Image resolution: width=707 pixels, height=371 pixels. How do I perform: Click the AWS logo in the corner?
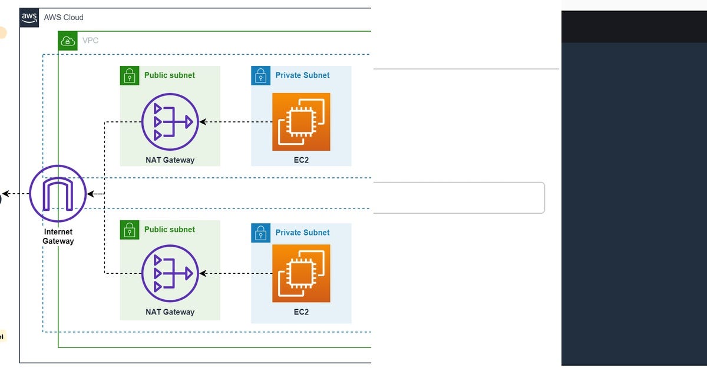29,17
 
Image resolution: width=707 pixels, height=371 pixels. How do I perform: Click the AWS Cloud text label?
64,18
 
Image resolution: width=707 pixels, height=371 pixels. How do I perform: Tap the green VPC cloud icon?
68,41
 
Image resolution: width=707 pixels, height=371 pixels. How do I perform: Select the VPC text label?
90,41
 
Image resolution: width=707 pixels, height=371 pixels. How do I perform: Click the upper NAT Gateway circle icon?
170,122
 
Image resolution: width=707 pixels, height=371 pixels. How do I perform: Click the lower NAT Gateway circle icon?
170,273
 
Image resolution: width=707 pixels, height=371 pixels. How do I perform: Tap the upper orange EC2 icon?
301,122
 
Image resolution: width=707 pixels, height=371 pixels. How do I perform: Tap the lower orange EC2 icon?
301,273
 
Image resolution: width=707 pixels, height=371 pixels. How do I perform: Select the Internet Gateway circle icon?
58,194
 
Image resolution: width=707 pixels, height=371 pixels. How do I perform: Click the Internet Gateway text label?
58,236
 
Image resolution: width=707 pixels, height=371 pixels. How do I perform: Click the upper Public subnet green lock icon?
130,75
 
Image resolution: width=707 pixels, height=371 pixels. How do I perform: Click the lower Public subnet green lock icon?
130,230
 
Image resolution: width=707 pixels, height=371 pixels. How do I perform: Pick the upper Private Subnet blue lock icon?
260,75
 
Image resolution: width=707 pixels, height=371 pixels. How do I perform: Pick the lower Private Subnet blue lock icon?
260,233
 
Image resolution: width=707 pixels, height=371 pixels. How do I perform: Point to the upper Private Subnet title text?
302,75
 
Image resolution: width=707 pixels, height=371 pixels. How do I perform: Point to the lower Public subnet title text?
170,230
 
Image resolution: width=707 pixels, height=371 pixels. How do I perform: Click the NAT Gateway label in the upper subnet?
170,160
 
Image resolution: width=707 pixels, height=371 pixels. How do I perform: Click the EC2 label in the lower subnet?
301,312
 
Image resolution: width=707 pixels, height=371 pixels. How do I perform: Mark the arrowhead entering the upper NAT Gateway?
203,122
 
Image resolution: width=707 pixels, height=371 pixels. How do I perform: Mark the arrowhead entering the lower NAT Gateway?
203,273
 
